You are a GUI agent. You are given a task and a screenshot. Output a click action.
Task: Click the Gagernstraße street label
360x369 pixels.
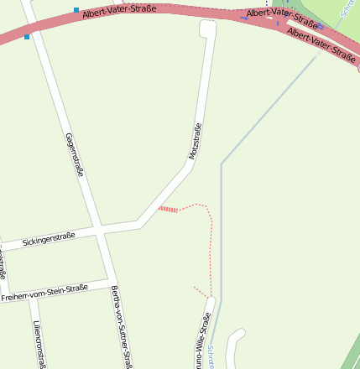coord(75,154)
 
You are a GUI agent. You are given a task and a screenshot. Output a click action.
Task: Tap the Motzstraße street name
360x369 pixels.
coord(195,142)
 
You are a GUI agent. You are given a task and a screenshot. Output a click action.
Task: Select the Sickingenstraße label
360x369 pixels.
coord(50,239)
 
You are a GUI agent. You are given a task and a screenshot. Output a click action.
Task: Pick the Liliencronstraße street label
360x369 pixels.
coord(38,344)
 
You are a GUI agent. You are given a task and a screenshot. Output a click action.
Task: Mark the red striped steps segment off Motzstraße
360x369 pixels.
coord(168,209)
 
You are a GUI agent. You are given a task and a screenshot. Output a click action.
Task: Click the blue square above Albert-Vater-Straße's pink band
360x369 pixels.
coord(76,10)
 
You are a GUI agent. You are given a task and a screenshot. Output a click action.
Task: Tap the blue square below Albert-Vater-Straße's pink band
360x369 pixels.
coord(27,37)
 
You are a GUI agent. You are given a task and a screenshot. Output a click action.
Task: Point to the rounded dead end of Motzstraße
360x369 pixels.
coord(208,29)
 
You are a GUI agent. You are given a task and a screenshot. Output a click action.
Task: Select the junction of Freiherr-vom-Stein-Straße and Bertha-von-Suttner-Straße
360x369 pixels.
coord(109,280)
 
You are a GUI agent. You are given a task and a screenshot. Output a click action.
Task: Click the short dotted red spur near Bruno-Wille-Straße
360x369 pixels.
coord(201,291)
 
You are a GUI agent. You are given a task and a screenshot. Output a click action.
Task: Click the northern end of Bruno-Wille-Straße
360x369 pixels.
coord(211,299)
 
